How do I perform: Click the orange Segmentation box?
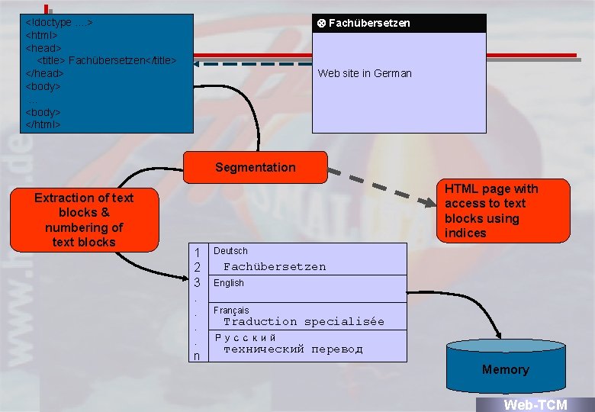point(255,167)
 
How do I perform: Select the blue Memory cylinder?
point(505,369)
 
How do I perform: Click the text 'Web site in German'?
point(365,73)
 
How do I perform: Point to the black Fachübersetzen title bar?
point(399,23)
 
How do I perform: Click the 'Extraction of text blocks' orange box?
point(84,220)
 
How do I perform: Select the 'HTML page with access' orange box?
point(504,210)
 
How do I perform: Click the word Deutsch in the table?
point(230,251)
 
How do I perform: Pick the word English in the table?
point(229,283)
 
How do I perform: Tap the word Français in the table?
point(231,311)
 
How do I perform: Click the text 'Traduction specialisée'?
point(304,322)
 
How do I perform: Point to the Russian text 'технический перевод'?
point(293,349)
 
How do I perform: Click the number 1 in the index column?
point(197,253)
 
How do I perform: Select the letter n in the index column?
point(197,356)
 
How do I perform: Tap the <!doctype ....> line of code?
point(59,23)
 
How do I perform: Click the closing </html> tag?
point(43,124)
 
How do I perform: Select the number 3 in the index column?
point(197,282)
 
